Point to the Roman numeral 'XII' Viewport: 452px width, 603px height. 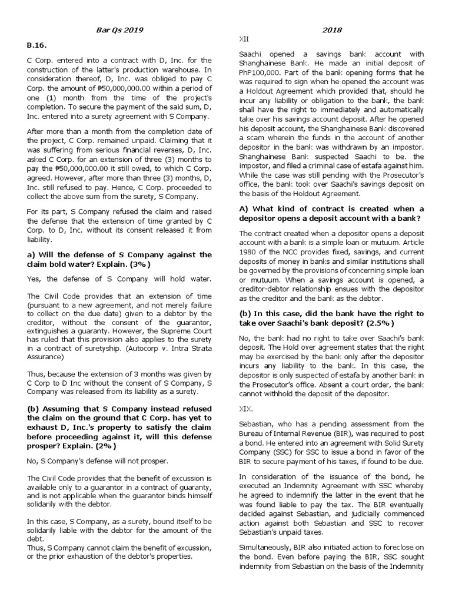coord(243,39)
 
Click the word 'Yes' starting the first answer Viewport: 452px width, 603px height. coord(34,279)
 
